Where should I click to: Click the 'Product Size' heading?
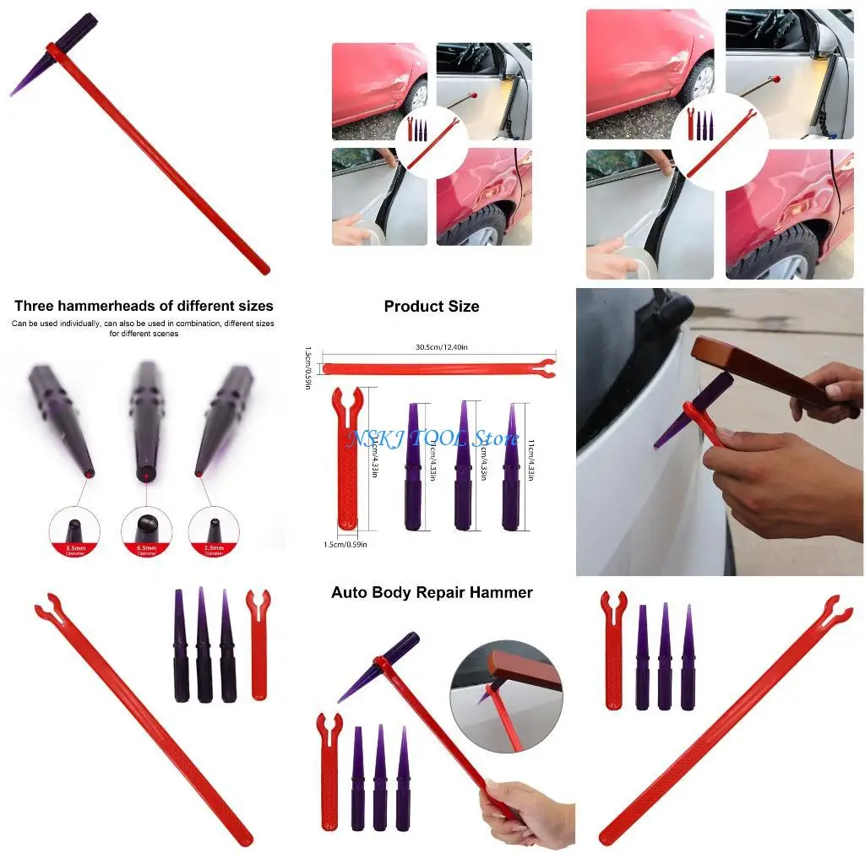(431, 307)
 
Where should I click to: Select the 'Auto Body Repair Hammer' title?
(432, 592)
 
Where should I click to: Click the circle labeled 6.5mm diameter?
(146, 533)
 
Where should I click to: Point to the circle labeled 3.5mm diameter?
(74, 533)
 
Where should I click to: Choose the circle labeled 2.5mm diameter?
(214, 533)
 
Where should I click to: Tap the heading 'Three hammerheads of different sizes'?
(144, 306)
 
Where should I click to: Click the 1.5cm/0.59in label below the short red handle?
(345, 544)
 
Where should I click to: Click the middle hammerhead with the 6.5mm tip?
(146, 414)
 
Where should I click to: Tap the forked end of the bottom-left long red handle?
(47, 612)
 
